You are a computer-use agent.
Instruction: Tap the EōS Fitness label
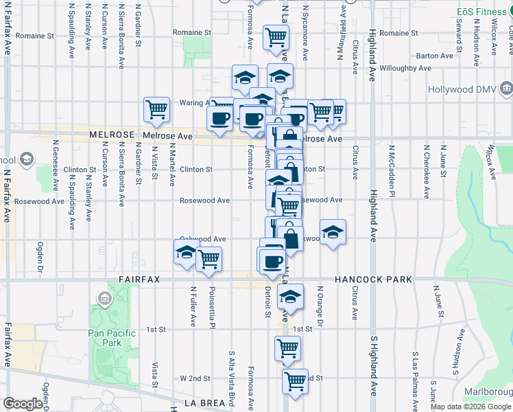point(482,12)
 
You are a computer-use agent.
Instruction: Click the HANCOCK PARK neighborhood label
point(373,279)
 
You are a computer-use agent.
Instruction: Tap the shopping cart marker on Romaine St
point(276,37)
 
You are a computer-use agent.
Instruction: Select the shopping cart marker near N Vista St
point(157,109)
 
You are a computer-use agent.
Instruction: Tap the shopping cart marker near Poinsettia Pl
point(208,260)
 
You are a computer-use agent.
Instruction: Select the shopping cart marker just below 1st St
point(287,348)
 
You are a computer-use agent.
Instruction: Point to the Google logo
point(23,404)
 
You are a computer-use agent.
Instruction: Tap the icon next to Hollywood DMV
point(506,89)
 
